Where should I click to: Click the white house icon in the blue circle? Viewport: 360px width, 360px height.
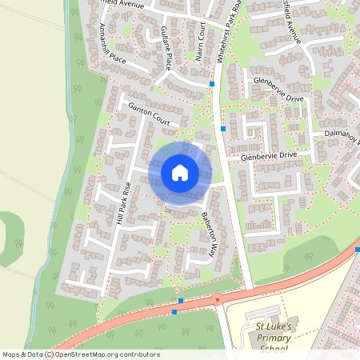pos(179,173)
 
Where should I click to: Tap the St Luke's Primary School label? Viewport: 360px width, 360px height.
pos(276,337)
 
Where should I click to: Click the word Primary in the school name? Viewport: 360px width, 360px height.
pos(276,337)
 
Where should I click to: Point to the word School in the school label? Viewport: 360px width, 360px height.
pos(277,348)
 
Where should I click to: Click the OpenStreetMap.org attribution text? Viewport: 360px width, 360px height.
pos(106,354)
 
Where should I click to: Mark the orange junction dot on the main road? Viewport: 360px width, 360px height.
pos(216,302)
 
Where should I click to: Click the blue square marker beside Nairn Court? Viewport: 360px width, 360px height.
pos(212,83)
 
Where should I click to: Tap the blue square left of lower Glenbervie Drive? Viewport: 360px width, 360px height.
pos(223,128)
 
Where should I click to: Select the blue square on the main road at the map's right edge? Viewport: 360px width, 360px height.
pos(357,250)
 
